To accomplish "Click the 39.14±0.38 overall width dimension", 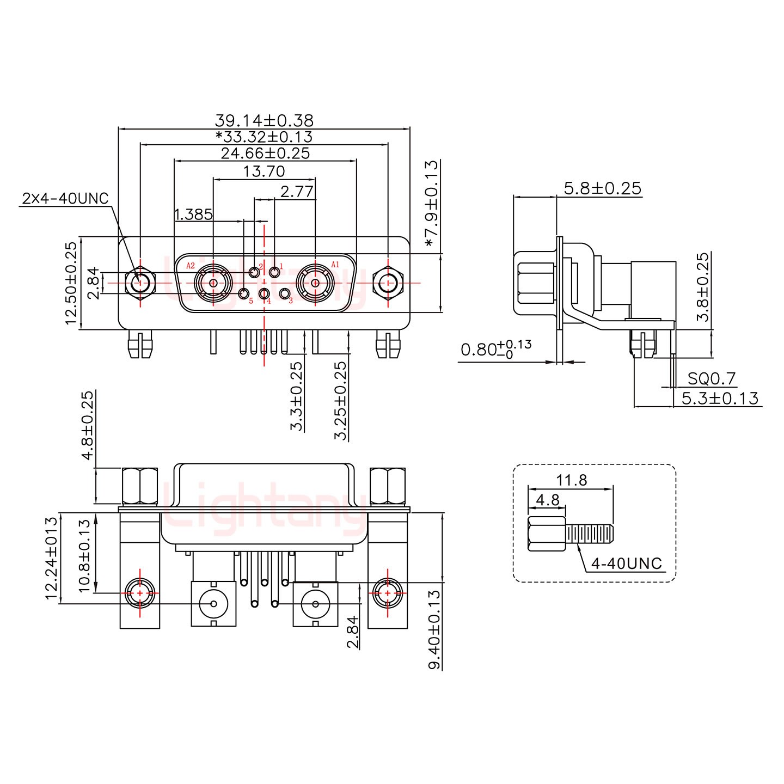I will (x=264, y=120).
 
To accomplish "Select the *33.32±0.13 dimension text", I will (x=264, y=137).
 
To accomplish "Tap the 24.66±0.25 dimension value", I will (x=265, y=153).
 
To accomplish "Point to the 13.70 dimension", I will (x=264, y=171).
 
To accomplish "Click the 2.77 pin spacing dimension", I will (x=297, y=191).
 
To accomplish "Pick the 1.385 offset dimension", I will (x=193, y=214).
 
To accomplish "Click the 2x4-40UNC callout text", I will (x=65, y=198).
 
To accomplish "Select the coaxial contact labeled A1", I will (x=315, y=283).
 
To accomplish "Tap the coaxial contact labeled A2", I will (x=213, y=283).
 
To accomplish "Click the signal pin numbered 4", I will (x=265, y=295).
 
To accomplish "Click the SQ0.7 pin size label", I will (x=711, y=378).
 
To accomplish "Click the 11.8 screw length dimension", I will (x=571, y=480).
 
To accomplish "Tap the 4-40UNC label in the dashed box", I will (x=626, y=563).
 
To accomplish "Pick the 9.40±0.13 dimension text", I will (x=434, y=629).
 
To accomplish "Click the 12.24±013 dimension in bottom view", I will (x=52, y=558).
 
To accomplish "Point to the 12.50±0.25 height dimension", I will (x=71, y=283).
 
